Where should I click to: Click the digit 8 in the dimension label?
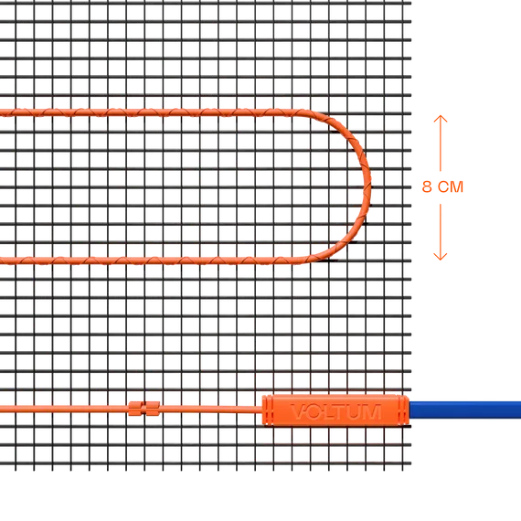tap(427, 186)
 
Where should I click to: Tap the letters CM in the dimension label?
tap(451, 186)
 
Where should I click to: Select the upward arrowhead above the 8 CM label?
tap(441, 118)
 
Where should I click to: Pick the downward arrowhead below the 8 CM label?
tap(441, 257)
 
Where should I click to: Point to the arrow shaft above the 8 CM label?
tap(441, 144)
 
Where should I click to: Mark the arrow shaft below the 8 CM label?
tap(441, 231)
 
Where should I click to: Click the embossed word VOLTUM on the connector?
tap(336, 411)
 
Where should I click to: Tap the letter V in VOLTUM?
tap(298, 411)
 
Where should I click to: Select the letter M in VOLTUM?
tap(371, 411)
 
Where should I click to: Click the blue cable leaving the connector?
tap(465, 409)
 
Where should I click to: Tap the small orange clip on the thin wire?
tap(144, 409)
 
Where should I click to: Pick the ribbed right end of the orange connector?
tap(403, 409)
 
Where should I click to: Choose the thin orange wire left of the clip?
tap(64, 409)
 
